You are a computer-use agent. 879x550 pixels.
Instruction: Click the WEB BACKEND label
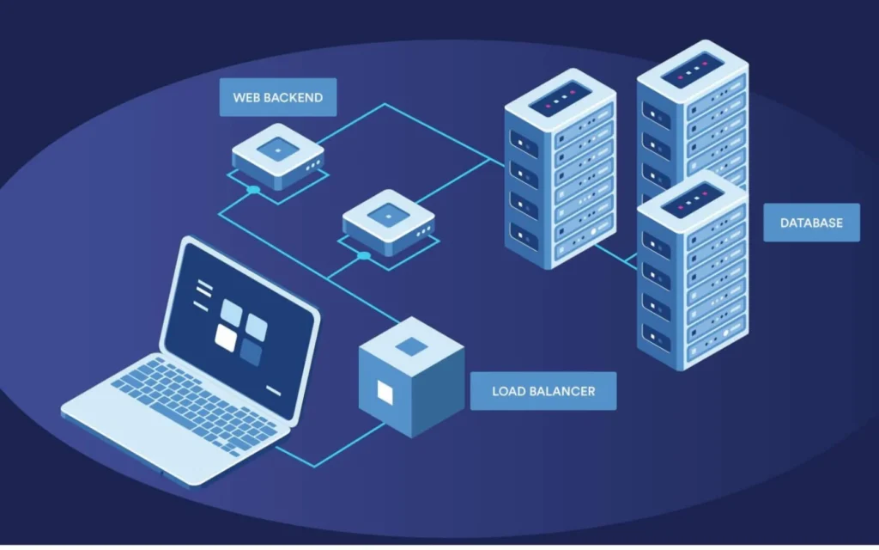click(x=277, y=97)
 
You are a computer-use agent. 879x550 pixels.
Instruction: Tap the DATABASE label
click(x=811, y=223)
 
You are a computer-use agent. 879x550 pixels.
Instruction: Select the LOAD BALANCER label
click(x=543, y=391)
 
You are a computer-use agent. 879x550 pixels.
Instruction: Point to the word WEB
click(x=245, y=97)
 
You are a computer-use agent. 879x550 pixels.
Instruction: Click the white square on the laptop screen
click(x=226, y=338)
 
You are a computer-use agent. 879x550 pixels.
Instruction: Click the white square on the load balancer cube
click(x=385, y=392)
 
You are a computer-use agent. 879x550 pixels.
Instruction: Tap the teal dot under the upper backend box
click(x=252, y=189)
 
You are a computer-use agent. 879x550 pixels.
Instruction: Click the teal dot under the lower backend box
click(x=364, y=255)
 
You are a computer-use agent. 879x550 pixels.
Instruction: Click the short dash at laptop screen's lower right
click(x=273, y=390)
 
